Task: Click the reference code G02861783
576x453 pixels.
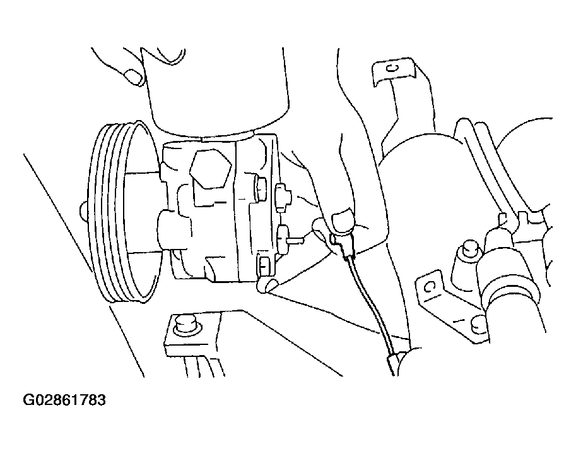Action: point(64,400)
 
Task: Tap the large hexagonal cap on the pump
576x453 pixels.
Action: point(211,169)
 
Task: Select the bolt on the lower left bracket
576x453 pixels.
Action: point(186,325)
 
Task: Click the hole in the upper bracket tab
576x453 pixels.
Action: point(392,68)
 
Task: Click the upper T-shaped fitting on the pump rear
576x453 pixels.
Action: point(282,197)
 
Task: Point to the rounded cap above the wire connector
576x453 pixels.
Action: point(343,220)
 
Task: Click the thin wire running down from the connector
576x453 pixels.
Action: point(369,303)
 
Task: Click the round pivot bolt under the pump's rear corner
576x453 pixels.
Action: point(267,284)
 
